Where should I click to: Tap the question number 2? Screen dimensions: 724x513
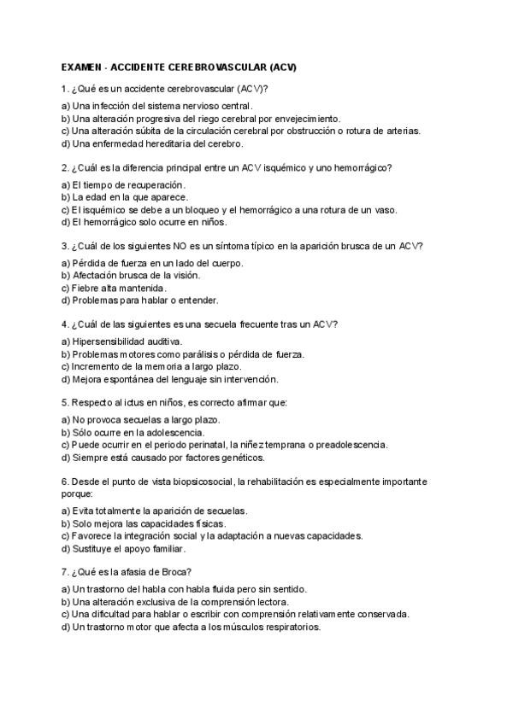pos(65,168)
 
